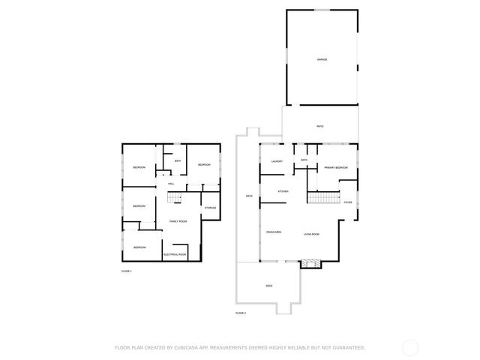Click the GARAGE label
[x=321, y=59]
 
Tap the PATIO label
[x=319, y=126]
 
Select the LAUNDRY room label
[x=276, y=160]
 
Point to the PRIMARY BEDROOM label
[x=335, y=167]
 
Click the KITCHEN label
[x=283, y=192]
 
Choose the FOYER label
[x=347, y=202]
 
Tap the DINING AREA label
[x=274, y=233]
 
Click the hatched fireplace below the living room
[x=310, y=263]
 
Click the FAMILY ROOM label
[x=178, y=221]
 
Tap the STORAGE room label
[x=211, y=208]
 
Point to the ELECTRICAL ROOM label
[x=175, y=255]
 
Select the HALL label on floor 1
[x=171, y=184]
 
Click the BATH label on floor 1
[x=178, y=161]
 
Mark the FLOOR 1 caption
[x=127, y=270]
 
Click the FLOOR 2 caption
[x=241, y=312]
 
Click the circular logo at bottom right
[x=410, y=348]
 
